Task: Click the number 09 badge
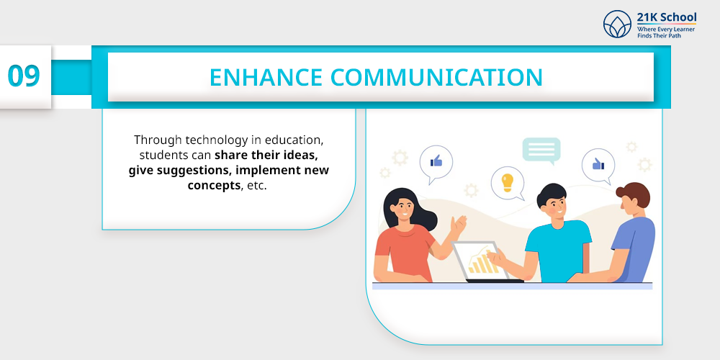[x=24, y=76]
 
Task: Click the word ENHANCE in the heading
[x=266, y=77]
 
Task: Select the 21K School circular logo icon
[x=617, y=24]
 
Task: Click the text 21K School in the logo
[x=666, y=17]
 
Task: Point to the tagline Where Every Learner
[x=666, y=30]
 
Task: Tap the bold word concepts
[x=214, y=186]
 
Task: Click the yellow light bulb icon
[x=507, y=182]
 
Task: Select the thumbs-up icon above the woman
[x=436, y=161]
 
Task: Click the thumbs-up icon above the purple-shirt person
[x=598, y=163]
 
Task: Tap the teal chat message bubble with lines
[x=541, y=150]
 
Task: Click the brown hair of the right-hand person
[x=635, y=194]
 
